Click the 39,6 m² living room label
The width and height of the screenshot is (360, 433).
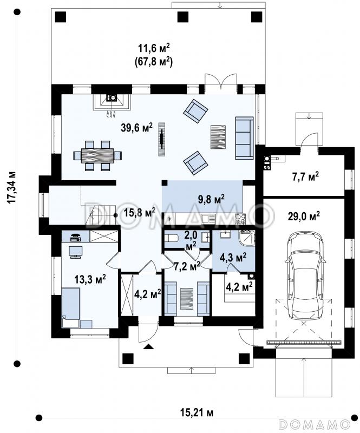pos(136,128)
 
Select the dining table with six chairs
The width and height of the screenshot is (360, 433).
pos(97,156)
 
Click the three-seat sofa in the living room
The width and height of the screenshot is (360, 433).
pos(244,138)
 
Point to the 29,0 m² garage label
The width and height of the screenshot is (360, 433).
pos(304,216)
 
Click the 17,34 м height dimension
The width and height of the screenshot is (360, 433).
pos(11,187)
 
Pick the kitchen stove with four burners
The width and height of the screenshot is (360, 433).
pos(240,219)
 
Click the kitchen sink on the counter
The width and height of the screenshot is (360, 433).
pos(208,219)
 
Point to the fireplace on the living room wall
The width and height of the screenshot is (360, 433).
pos(112,102)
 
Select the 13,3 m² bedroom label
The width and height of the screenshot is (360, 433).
pos(90,279)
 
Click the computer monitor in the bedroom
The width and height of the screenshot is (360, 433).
pos(75,252)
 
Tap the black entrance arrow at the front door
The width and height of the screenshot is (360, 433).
pos(149,346)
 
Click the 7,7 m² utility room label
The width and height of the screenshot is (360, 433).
pos(305,176)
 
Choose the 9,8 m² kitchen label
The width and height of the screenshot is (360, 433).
pos(211,198)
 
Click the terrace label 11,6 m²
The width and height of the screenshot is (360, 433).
pos(154,48)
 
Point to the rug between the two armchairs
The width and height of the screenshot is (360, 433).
pos(218,137)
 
